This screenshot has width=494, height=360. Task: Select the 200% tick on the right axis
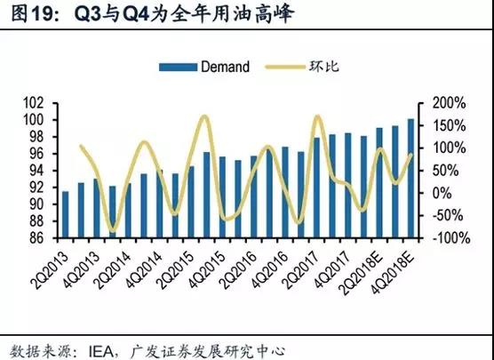pos(450,103)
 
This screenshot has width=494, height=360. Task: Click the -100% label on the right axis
pos(451,238)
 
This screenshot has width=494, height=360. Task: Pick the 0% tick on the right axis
pos(442,193)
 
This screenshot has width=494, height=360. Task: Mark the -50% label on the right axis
pos(448,216)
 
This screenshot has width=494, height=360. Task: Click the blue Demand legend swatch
pos(178,68)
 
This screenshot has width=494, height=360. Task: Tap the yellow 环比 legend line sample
pos(285,68)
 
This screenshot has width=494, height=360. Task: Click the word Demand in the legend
pos(226,67)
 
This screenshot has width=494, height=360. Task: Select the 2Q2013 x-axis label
pos(51,271)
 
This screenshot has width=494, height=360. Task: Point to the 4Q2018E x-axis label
pos(392,273)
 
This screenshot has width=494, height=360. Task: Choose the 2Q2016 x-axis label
pos(239,271)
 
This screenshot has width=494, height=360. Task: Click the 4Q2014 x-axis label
pos(145,271)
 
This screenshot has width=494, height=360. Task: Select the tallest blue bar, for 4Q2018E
pos(410,178)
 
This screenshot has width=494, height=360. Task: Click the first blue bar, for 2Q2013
pos(65,214)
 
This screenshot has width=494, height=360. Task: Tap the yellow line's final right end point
pos(410,154)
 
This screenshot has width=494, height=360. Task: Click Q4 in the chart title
pos(137,14)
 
